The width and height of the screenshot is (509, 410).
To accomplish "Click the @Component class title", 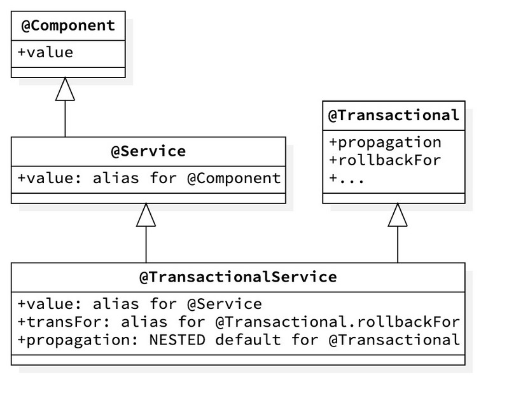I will click(68, 26).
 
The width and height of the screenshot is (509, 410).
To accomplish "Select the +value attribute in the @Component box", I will click(45, 52).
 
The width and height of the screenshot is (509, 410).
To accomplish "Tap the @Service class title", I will click(148, 151).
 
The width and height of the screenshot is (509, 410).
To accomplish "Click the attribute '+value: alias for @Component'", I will click(148, 178).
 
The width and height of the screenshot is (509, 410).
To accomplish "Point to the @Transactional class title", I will click(394, 115).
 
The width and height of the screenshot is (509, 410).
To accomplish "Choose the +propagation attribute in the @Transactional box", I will click(385, 142).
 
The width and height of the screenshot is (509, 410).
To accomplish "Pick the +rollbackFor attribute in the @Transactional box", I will click(385, 160).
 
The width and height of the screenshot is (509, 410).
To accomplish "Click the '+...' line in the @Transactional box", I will click(347, 179).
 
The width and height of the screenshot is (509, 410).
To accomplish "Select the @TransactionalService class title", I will click(238, 277).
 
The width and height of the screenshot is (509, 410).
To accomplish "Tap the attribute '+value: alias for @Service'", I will click(139, 303).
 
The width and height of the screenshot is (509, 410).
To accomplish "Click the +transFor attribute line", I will click(238, 322).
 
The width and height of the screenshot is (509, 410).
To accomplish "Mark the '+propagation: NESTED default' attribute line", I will click(238, 340).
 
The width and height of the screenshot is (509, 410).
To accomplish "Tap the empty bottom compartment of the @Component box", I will click(68, 72).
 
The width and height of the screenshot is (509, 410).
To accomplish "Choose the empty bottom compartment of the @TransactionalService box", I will click(238, 359).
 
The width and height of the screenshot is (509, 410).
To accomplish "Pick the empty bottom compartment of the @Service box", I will click(148, 197).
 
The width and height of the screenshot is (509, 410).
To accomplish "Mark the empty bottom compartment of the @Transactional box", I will click(394, 198).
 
